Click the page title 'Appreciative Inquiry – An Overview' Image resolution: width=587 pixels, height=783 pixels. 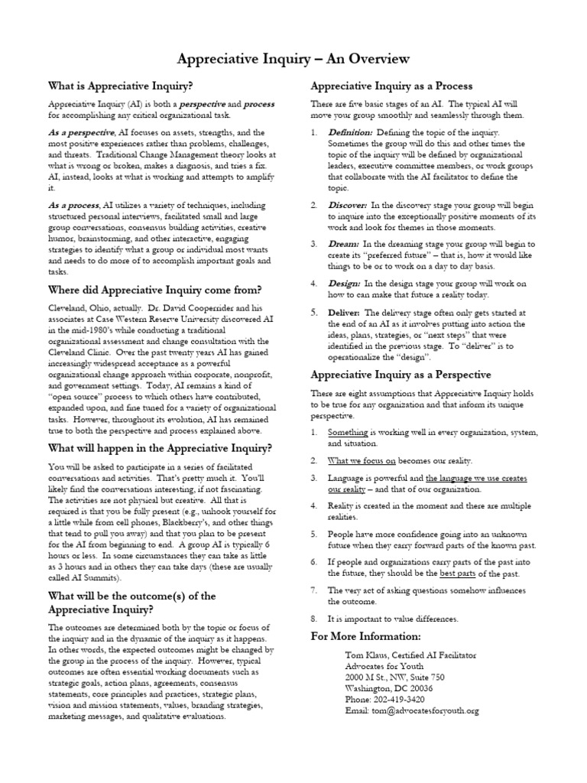tap(293, 59)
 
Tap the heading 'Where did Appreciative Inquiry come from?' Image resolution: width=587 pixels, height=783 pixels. tap(155, 290)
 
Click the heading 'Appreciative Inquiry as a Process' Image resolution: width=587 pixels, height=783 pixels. tap(391, 86)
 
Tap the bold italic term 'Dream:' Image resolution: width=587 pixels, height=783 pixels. tap(343, 243)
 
